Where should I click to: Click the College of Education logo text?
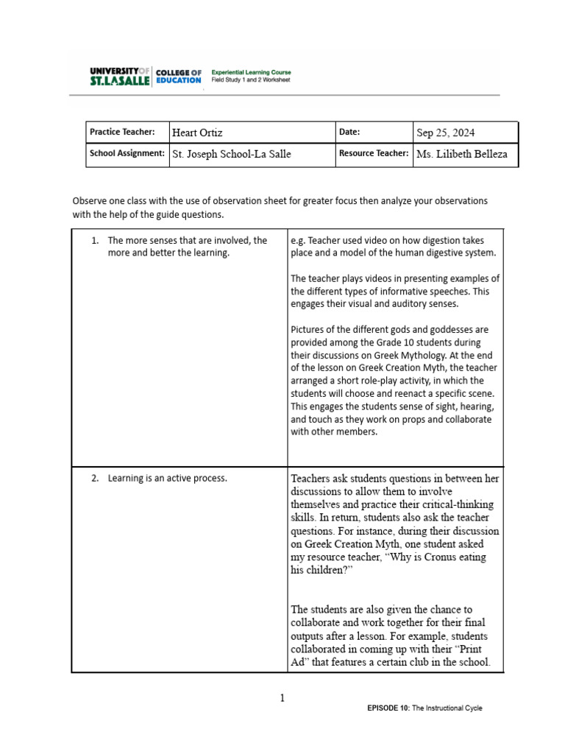177,76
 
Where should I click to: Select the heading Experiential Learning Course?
252,71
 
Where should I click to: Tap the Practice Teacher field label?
122,133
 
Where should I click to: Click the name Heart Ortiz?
197,133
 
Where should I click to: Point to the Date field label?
350,133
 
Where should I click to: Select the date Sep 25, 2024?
446,133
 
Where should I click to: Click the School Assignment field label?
127,154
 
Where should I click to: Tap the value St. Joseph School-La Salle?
231,155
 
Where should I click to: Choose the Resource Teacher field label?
374,154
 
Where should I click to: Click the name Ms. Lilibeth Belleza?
462,155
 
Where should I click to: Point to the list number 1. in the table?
96,241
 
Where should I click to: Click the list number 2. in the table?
96,479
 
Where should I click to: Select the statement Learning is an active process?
168,479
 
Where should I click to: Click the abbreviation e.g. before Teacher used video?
298,241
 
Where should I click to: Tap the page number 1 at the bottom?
282,698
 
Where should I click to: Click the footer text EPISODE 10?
390,708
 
